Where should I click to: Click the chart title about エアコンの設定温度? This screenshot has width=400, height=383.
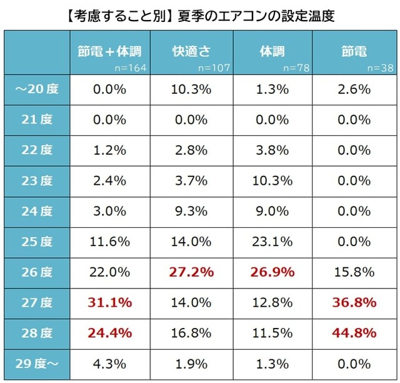coord(200,14)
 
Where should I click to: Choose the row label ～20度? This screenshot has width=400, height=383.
coord(37,89)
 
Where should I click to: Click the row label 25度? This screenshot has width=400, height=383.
coord(37,242)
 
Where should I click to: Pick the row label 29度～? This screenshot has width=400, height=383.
coord(37,364)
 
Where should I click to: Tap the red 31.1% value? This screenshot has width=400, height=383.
coord(109,303)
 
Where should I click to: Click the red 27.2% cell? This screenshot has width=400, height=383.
coord(192,272)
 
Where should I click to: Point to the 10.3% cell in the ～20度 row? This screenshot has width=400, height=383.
coord(192,89)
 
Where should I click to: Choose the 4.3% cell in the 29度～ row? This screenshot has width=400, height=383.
coord(109,364)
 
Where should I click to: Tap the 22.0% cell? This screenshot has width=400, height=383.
coord(109,272)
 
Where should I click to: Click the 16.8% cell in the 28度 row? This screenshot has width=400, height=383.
coord(192,333)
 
